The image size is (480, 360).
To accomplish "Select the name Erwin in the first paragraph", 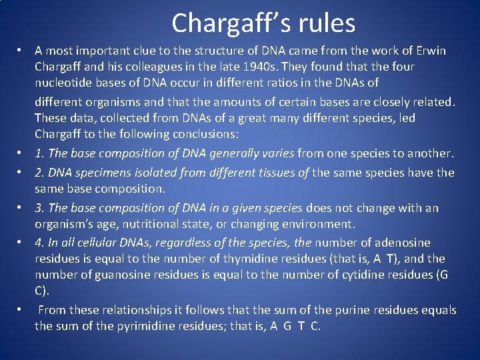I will point(431,51).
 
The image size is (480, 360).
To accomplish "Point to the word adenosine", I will point(402,243).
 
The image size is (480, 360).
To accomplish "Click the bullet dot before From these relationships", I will point(21,310).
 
